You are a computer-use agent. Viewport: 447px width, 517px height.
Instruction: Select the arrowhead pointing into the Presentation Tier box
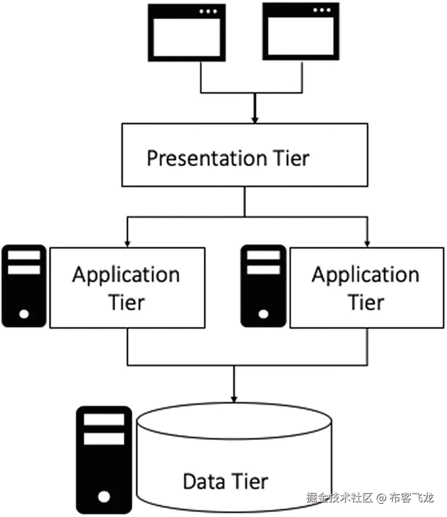click(254, 120)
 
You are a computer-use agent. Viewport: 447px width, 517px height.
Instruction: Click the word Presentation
click(207, 158)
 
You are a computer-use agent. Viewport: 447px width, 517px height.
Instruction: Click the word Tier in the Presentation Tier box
click(290, 158)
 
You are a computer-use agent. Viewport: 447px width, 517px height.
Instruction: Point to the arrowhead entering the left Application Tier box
click(128, 244)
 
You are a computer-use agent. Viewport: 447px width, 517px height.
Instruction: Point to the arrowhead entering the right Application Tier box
click(367, 244)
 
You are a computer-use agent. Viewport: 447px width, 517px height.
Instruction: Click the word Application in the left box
click(126, 274)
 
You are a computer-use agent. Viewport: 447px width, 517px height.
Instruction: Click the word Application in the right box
click(366, 274)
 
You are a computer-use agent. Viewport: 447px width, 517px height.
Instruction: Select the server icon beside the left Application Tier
click(24, 286)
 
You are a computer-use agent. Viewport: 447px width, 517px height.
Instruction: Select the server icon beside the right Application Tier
click(264, 286)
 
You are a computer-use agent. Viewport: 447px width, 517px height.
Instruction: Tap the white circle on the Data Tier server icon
click(104, 496)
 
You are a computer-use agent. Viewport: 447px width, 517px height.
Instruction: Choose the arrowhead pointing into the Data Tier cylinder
click(233, 398)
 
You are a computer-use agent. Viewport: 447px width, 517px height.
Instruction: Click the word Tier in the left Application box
click(127, 302)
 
